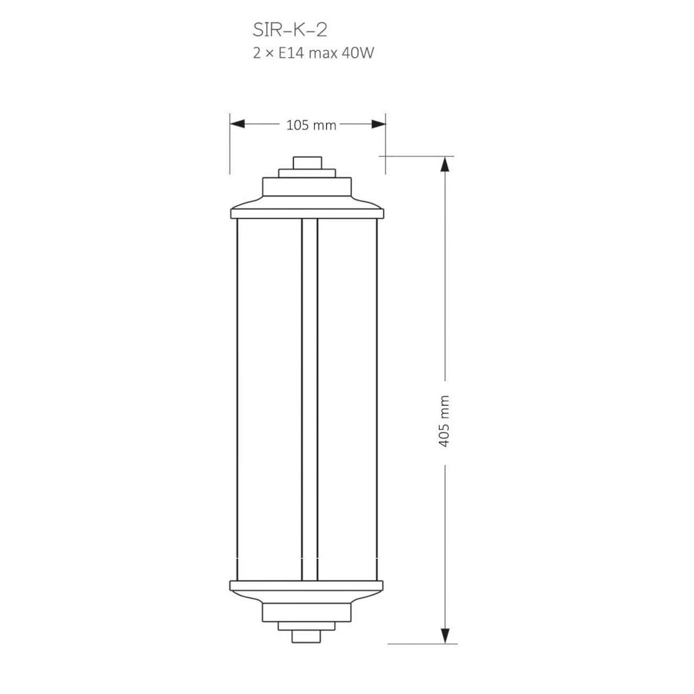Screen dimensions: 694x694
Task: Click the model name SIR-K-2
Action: pos(290,30)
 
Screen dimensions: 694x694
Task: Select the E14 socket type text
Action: pos(289,53)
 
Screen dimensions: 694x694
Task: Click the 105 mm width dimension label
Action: pos(311,125)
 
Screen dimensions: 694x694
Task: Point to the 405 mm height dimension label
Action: pos(445,422)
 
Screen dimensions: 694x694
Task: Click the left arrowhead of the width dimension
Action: pos(237,124)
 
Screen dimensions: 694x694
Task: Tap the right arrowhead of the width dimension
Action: pos(378,124)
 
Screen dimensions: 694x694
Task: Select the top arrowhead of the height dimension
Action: pos(445,164)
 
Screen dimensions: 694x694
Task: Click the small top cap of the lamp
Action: pos(307,163)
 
